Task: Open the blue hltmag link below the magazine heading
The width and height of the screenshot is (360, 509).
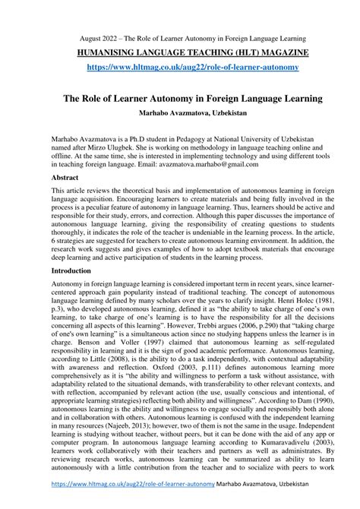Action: click(180, 68)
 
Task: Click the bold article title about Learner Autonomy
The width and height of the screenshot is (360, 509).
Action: click(180, 98)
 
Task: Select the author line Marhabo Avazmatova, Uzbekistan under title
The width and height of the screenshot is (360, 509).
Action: click(180, 112)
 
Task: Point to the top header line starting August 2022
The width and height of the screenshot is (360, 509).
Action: click(180, 37)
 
